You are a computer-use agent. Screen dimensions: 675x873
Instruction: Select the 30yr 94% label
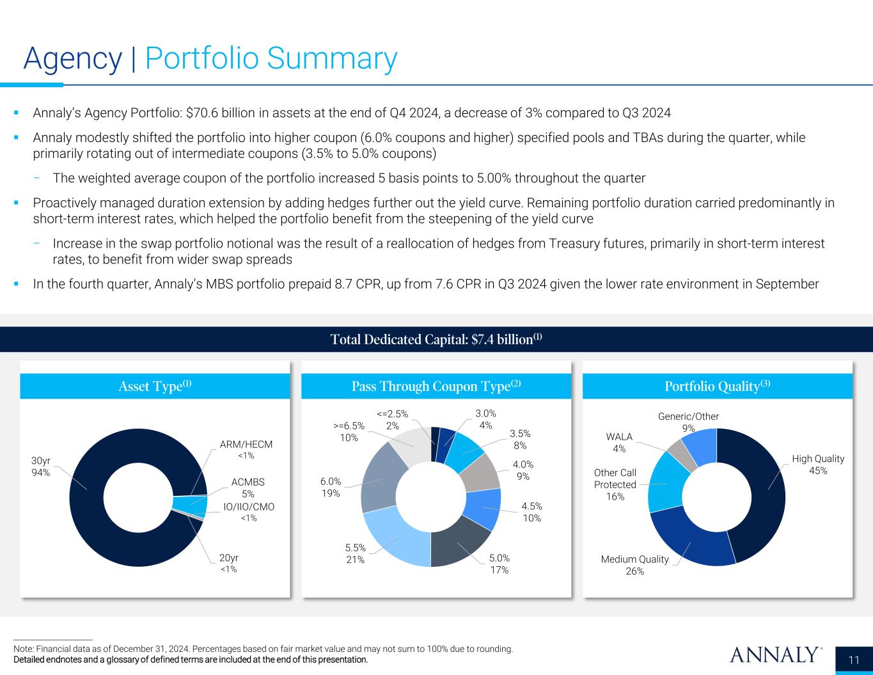click(x=40, y=466)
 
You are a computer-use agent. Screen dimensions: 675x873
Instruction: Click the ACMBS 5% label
click(x=248, y=488)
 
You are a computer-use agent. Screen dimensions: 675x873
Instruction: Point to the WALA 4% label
click(x=619, y=442)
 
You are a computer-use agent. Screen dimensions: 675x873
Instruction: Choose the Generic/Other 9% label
click(x=688, y=422)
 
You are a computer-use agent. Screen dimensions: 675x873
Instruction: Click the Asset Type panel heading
click(x=155, y=386)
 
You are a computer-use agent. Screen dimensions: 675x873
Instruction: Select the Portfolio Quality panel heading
click(x=717, y=386)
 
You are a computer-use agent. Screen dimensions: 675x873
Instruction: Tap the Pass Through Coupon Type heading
click(x=436, y=386)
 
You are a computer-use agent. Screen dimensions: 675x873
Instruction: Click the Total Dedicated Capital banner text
click(x=436, y=339)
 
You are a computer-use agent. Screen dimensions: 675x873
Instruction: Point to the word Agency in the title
click(x=72, y=59)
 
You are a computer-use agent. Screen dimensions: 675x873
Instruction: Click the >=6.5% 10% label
click(x=349, y=431)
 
